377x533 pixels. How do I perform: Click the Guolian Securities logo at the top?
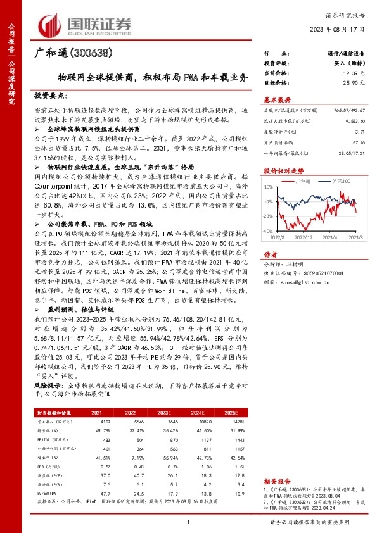pyautogui.click(x=87, y=24)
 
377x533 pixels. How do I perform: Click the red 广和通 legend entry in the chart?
pyautogui.click(x=301, y=180)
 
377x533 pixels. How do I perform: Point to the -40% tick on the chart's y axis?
pyautogui.click(x=269, y=231)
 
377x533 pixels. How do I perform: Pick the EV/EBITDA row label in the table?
pyautogui.click(x=44, y=491)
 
